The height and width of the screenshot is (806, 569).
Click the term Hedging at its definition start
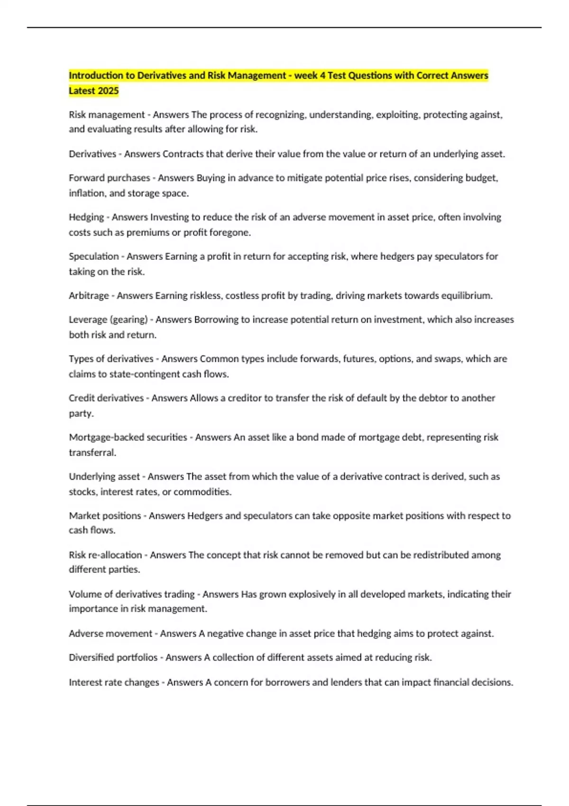tap(86, 217)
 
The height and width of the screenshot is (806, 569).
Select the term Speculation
tap(94, 256)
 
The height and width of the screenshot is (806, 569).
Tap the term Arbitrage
tap(89, 296)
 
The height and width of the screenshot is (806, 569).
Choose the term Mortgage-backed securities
tap(128, 437)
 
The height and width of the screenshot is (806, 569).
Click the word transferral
tap(92, 453)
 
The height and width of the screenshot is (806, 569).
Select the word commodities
tap(202, 492)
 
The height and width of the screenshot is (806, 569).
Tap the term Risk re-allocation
tap(105, 555)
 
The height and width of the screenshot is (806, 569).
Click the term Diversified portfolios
tap(113, 658)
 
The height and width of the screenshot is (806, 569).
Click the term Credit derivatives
tap(106, 398)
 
